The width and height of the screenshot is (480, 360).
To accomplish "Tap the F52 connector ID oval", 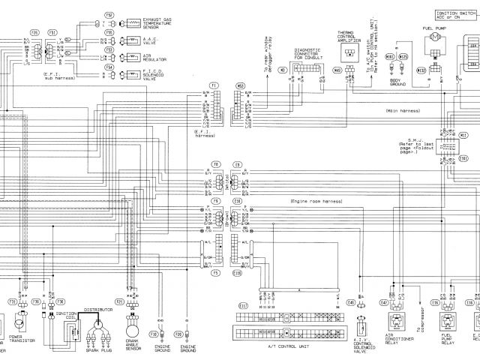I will (x=109, y=14).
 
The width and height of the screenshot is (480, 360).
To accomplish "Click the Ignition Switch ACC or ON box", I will (x=454, y=14).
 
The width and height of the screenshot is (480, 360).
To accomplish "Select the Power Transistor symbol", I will (x=19, y=324).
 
